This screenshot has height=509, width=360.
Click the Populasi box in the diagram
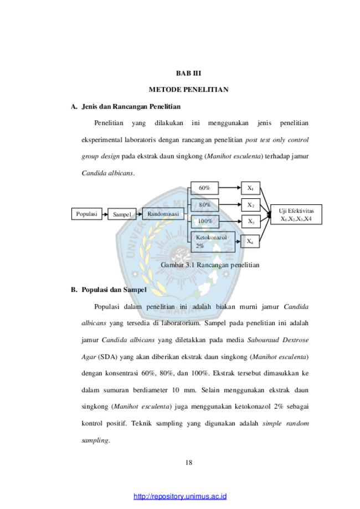tap(86, 214)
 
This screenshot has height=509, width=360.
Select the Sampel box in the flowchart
tap(122, 214)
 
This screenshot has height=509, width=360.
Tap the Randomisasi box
tap(163, 214)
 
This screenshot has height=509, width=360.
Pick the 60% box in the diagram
tap(204, 188)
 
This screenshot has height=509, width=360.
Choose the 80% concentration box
tap(204, 205)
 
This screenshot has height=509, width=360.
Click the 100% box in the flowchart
tap(205, 222)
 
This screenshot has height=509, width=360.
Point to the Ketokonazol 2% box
tap(213, 242)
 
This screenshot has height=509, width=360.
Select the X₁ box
tap(250, 188)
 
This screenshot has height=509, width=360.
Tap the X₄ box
tap(250, 241)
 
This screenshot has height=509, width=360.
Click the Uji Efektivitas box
tap(296, 214)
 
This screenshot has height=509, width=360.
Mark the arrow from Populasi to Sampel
tap(105, 214)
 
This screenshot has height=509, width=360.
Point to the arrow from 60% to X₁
tap(230, 188)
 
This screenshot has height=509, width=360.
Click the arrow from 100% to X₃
tap(230, 222)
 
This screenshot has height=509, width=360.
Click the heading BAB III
tap(189, 73)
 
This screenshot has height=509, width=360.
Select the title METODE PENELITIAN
tap(189, 90)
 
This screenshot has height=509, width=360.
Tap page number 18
tap(189, 462)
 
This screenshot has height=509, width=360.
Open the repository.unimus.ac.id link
tap(180, 496)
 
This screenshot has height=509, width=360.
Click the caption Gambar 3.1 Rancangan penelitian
tap(210, 265)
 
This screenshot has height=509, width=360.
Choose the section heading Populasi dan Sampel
tap(114, 290)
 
